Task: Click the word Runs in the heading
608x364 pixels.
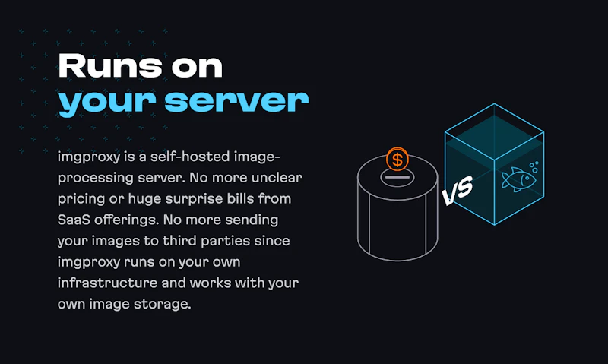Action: [110, 65]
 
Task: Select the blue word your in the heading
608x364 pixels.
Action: [107, 103]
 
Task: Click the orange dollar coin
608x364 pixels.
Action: [397, 160]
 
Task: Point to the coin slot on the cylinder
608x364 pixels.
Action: [397, 177]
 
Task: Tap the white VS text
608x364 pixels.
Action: [458, 190]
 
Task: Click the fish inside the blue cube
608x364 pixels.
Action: [518, 179]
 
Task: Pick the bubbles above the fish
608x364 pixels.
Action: [534, 167]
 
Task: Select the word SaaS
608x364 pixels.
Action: [74, 220]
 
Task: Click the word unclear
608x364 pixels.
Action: [277, 178]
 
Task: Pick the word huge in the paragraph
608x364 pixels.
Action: [144, 199]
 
